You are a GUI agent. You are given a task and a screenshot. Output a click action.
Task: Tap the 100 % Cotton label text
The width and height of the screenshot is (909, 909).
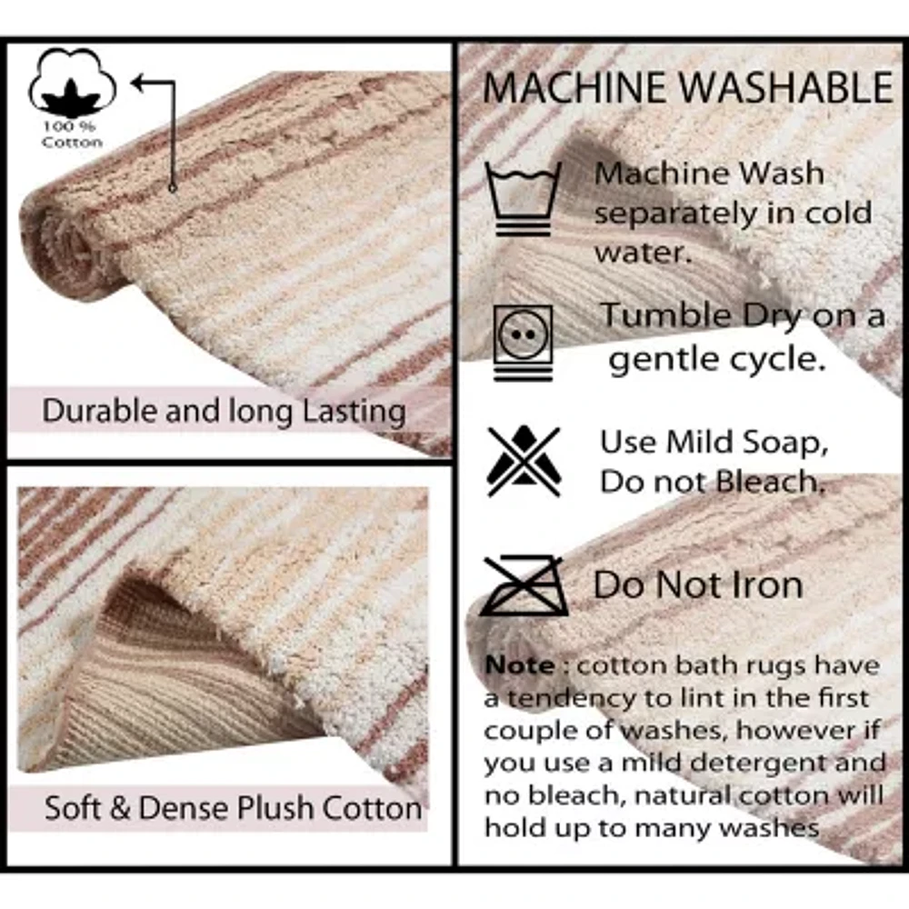(x=72, y=135)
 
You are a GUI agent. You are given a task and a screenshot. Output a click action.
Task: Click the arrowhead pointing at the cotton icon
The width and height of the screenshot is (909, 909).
(x=140, y=84)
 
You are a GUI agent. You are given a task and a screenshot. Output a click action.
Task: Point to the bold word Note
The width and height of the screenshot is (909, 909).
(x=519, y=665)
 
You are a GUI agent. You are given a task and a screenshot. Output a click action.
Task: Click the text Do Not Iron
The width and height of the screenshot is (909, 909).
(x=698, y=585)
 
